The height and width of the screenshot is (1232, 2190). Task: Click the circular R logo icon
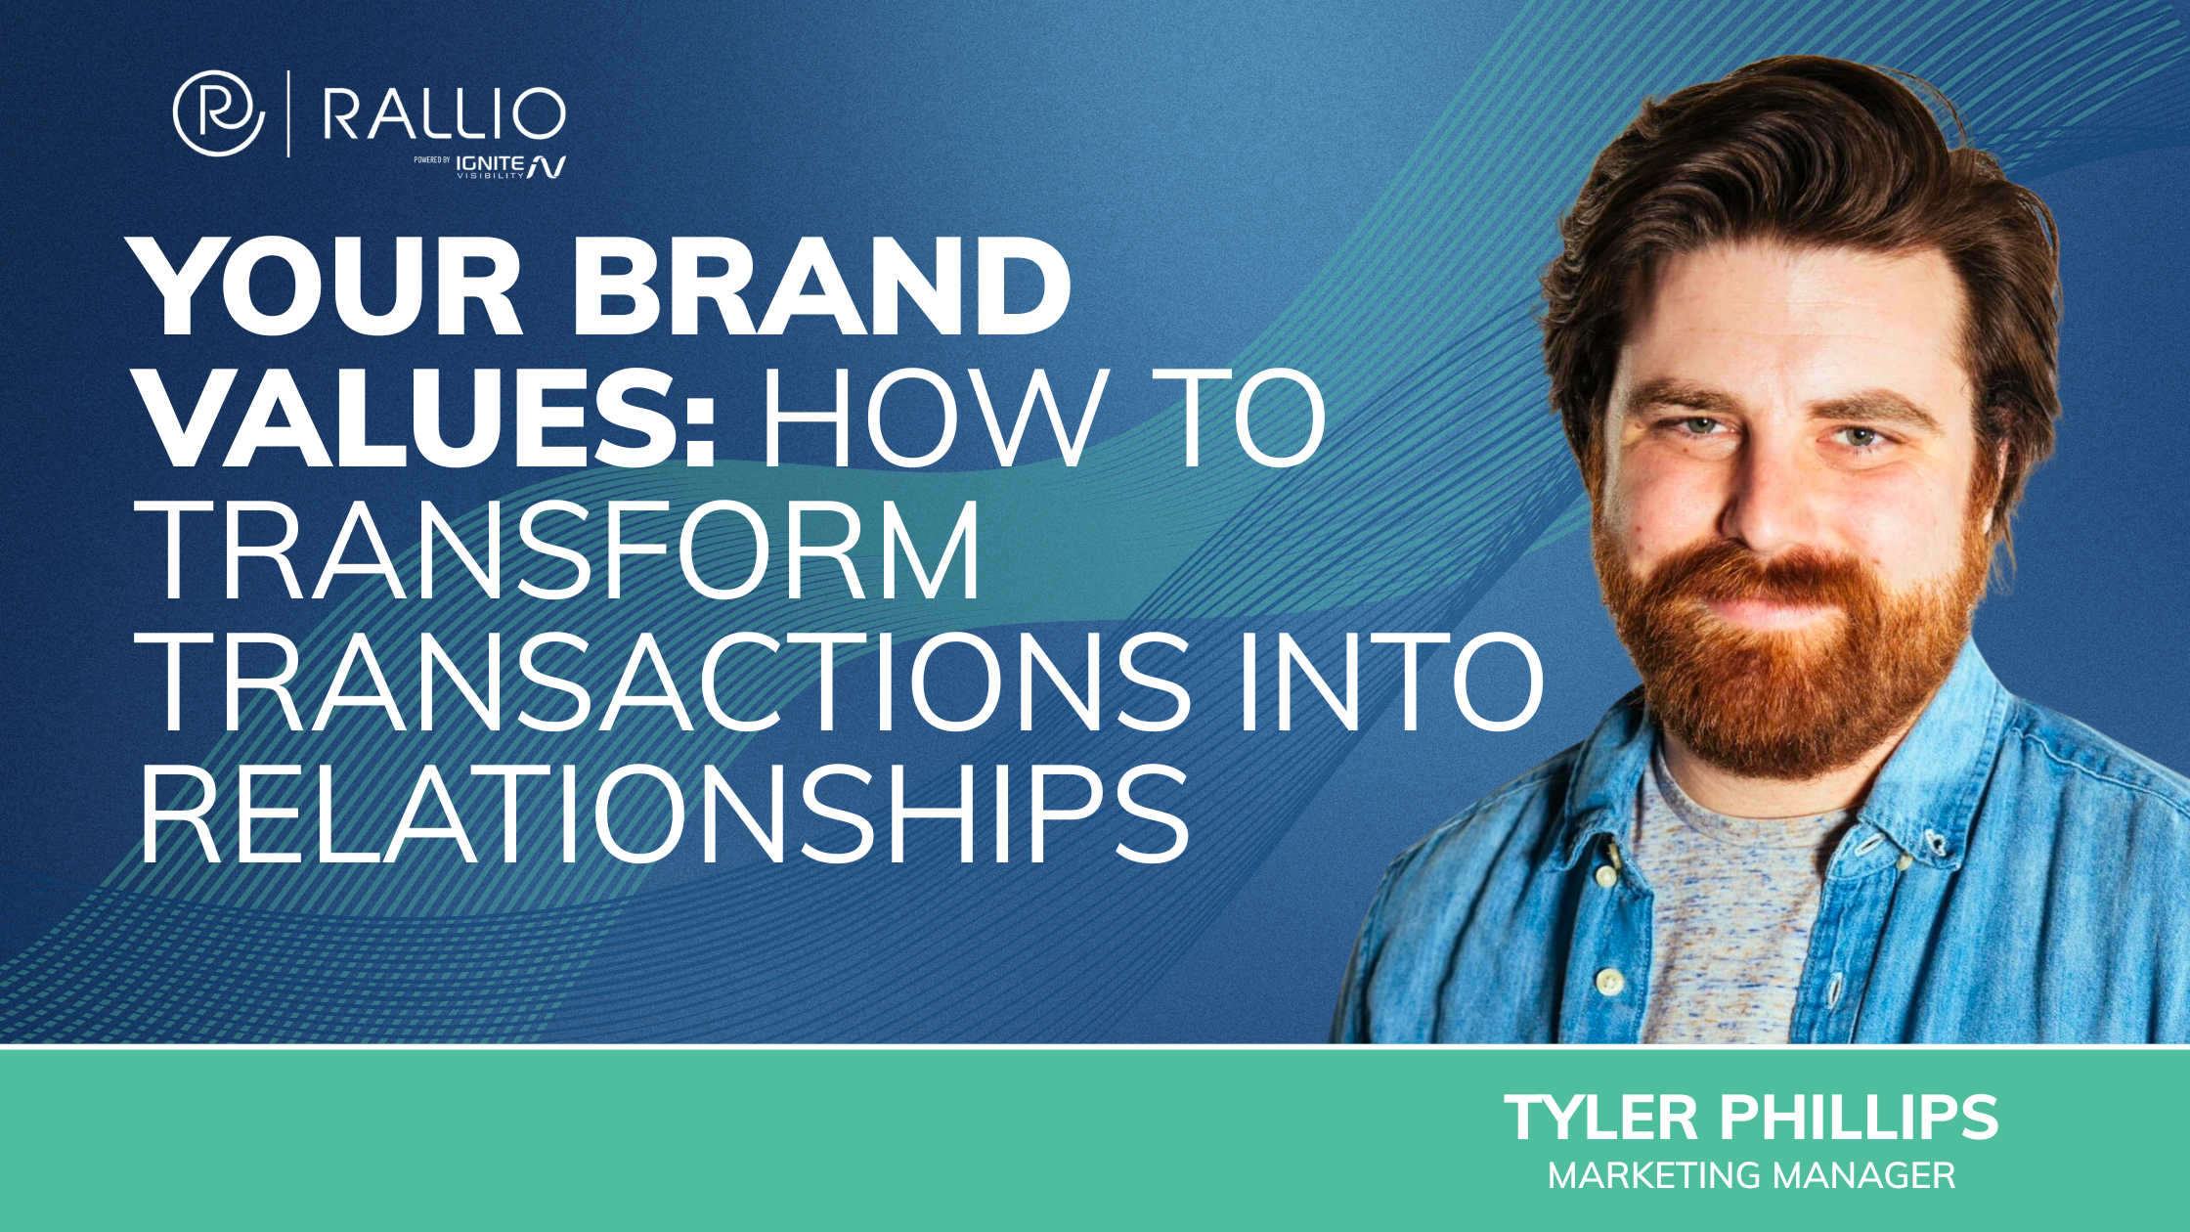coord(218,113)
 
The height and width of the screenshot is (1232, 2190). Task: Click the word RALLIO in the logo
coord(444,114)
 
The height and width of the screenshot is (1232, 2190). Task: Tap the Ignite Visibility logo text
coord(508,166)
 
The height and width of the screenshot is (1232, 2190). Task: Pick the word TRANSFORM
coord(562,551)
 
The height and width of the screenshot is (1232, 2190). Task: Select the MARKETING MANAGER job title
coord(1751,1175)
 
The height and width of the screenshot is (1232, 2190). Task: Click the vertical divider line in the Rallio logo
coord(288,113)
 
